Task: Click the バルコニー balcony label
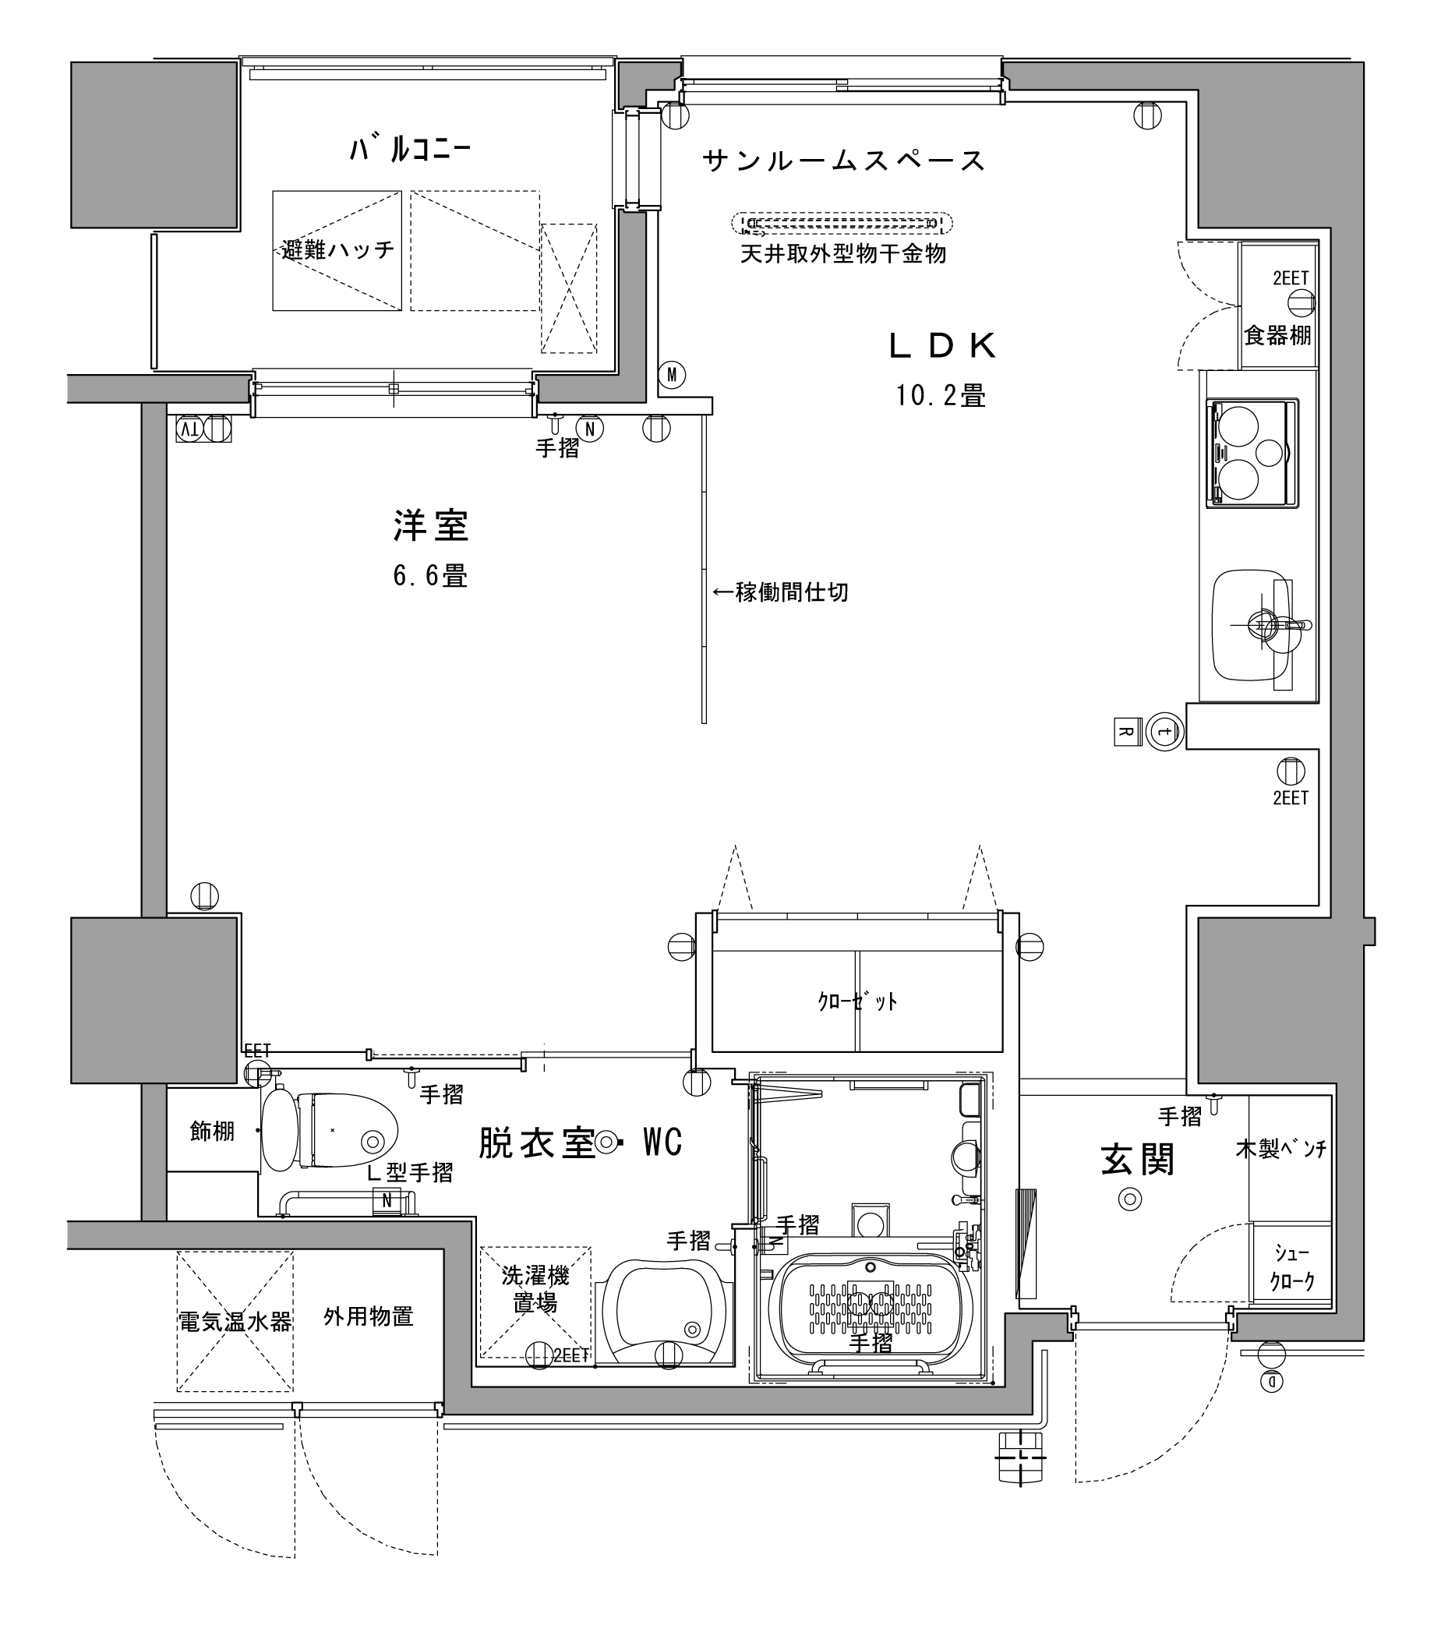pos(410,150)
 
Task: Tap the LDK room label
pos(944,346)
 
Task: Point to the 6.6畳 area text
pos(430,575)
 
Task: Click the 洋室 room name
pos(431,526)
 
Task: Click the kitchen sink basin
pos(1252,625)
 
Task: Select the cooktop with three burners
pos(1252,453)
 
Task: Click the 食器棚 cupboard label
pos(1278,335)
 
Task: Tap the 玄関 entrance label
pos(1137,1160)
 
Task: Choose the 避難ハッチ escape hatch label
pos(337,249)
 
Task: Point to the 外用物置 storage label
pos(368,1316)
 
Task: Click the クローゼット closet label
pos(857,1001)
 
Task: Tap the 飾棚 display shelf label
pos(212,1131)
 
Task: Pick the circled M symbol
pos(672,375)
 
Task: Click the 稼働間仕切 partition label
pos(780,592)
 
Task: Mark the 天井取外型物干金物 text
pos(843,255)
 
